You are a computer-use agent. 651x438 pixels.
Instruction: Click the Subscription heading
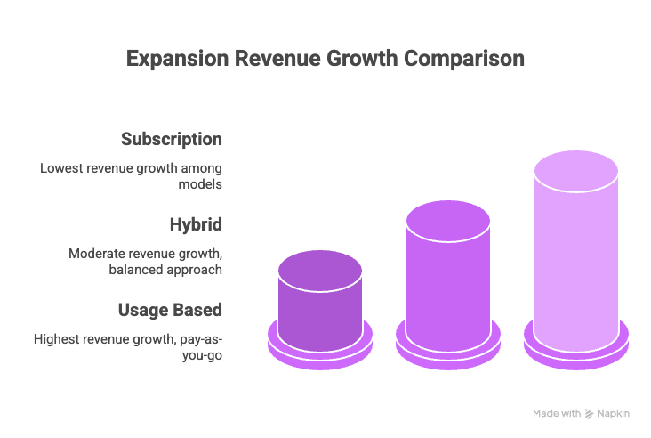pos(172,139)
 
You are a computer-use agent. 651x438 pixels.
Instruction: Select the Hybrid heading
pos(195,224)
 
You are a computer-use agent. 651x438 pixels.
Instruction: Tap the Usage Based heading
pos(170,310)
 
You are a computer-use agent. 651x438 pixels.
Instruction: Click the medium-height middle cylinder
pos(448,285)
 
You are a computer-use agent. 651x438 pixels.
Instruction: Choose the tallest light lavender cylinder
pos(576,267)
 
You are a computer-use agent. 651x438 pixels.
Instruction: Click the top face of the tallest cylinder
pos(576,171)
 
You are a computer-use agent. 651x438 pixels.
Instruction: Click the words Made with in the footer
pos(557,413)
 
